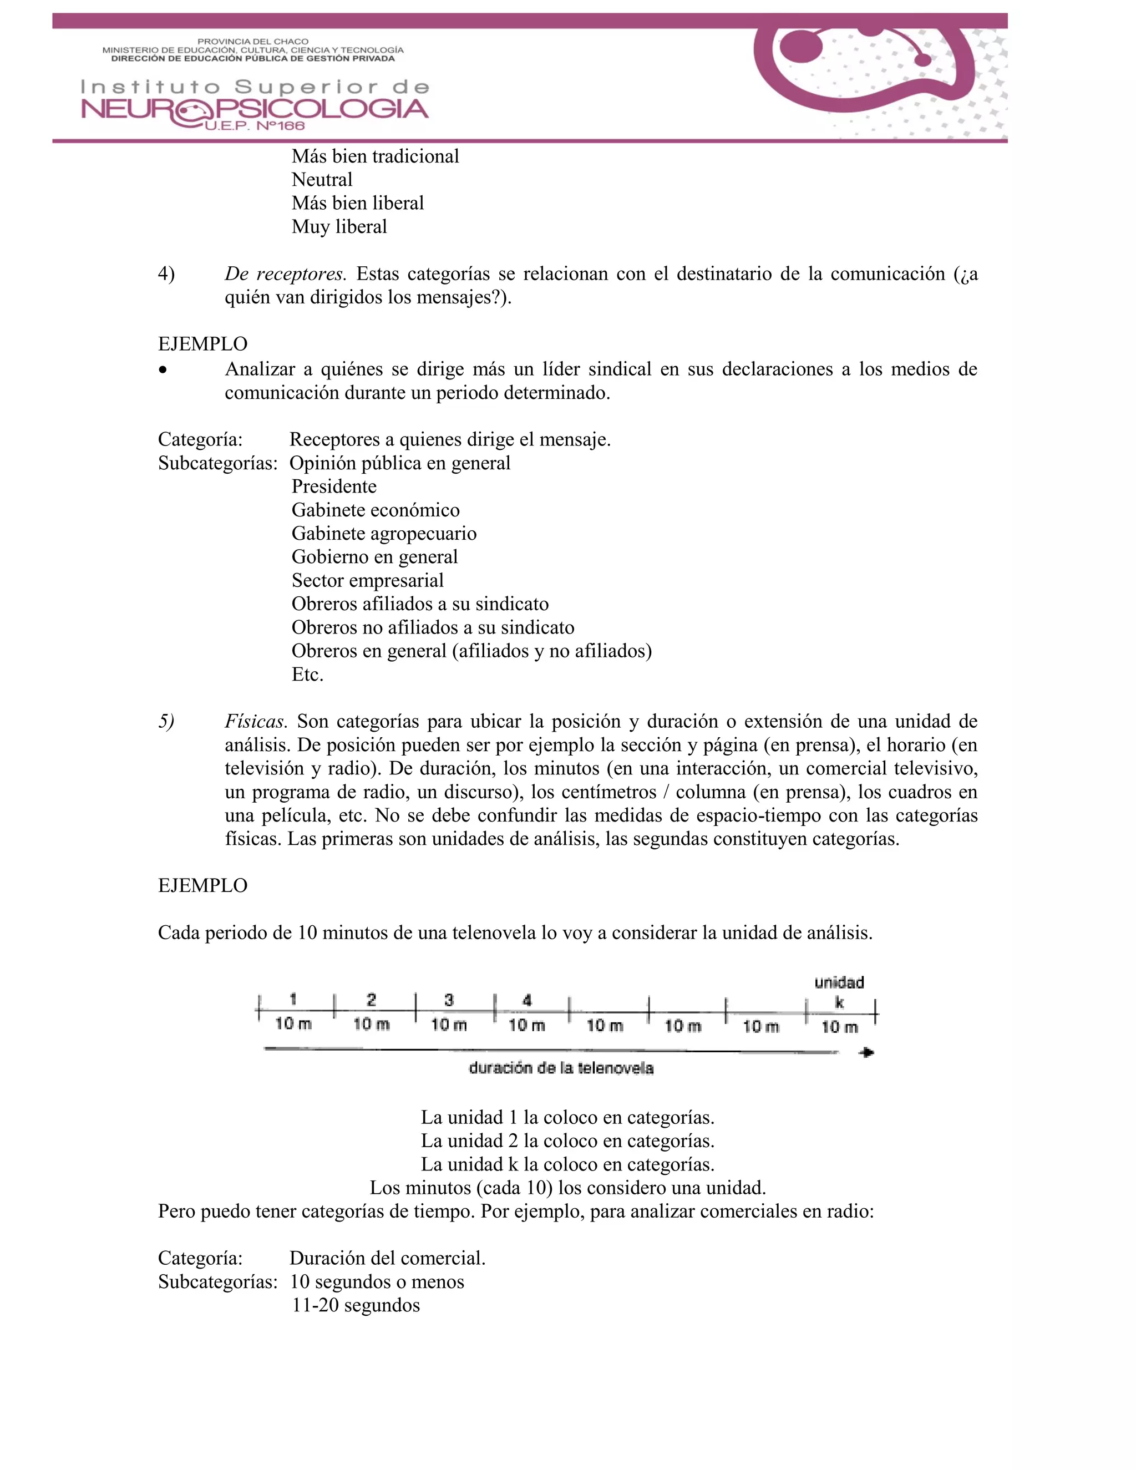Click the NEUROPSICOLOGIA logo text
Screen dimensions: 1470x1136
click(255, 109)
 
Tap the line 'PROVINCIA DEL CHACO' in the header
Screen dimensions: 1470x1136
click(252, 42)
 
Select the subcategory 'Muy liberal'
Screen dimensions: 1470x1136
click(339, 227)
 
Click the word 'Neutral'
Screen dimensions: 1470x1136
click(322, 180)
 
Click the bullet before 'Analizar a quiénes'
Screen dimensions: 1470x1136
click(163, 369)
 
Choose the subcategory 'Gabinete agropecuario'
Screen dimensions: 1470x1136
click(384, 534)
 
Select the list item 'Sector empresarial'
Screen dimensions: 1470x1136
click(367, 581)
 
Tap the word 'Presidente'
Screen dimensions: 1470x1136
click(334, 486)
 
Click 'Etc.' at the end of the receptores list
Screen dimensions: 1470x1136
click(307, 675)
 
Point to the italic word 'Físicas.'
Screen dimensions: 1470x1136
click(256, 722)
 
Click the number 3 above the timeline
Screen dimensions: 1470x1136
click(449, 1000)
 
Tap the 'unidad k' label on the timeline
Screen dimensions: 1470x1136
click(839, 992)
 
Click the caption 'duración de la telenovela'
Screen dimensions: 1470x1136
click(561, 1068)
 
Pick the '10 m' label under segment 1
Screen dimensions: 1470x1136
click(293, 1024)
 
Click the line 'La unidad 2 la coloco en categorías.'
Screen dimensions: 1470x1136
click(567, 1141)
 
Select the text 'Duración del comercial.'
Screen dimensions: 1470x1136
click(388, 1258)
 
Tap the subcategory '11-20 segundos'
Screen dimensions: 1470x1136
click(356, 1305)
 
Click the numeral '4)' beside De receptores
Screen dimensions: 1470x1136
click(166, 274)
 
